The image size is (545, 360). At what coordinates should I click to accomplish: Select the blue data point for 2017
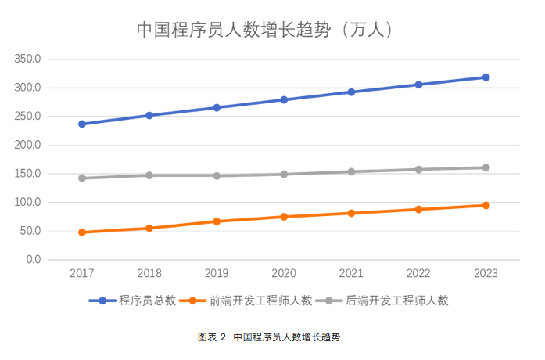point(82,124)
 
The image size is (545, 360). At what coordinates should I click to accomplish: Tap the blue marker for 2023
point(486,77)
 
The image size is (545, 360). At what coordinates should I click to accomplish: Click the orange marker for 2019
point(217,221)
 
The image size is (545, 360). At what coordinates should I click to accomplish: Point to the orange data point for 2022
point(418,209)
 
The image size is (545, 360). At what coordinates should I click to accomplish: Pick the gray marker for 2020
point(284,174)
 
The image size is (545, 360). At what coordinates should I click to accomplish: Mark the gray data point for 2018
point(149,175)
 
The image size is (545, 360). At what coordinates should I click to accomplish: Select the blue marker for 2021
point(351,92)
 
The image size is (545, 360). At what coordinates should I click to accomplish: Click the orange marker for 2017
point(82,232)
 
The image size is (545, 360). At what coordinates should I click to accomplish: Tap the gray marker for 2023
point(486,167)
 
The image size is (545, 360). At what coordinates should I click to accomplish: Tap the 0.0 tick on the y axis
point(32,260)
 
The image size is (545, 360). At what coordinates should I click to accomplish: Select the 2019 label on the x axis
point(217,273)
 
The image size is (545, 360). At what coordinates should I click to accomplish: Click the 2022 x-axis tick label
point(418,273)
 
